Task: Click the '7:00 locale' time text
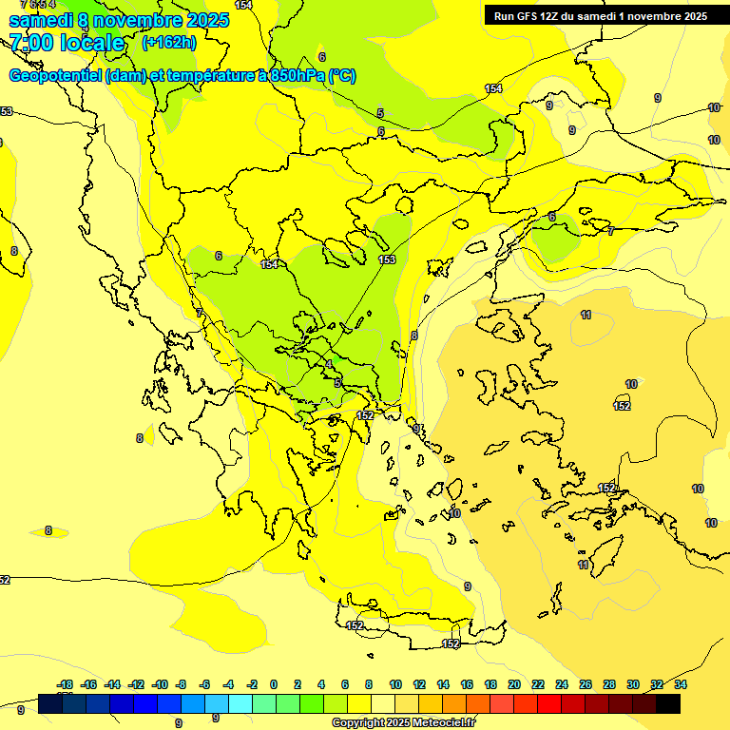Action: (67, 43)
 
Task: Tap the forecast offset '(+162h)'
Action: (168, 42)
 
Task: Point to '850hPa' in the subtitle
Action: (297, 76)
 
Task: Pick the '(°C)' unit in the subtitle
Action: (342, 76)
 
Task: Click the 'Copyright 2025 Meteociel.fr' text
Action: (403, 722)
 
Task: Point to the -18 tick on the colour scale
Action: (65, 684)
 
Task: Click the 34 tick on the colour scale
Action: (681, 684)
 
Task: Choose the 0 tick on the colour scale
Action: (274, 684)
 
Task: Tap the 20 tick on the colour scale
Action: (514, 684)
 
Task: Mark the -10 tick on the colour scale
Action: (160, 684)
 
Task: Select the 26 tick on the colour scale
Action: (586, 684)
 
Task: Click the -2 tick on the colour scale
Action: (252, 684)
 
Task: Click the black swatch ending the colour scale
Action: (668, 703)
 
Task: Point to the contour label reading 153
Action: (387, 259)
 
